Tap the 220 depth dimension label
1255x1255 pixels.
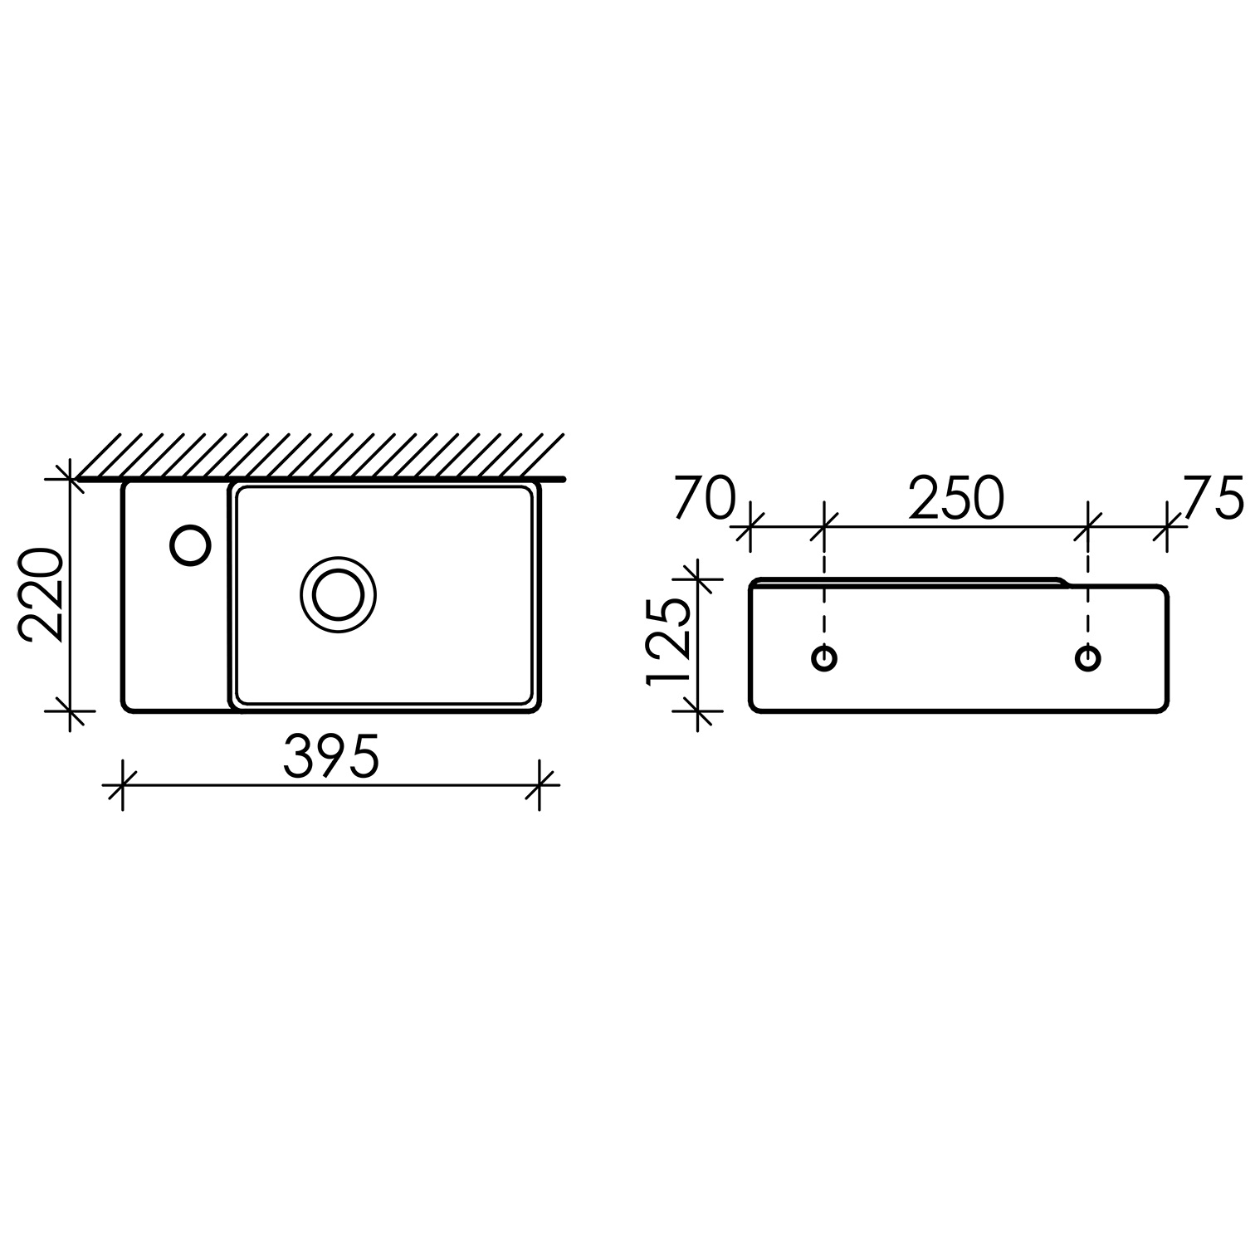(42, 594)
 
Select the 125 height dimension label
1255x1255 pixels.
(669, 638)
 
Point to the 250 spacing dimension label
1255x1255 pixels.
(956, 499)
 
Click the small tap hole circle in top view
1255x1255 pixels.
(190, 545)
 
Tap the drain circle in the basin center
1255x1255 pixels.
(338, 593)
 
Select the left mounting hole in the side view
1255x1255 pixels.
(823, 658)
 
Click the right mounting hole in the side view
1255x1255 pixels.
(1088, 658)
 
